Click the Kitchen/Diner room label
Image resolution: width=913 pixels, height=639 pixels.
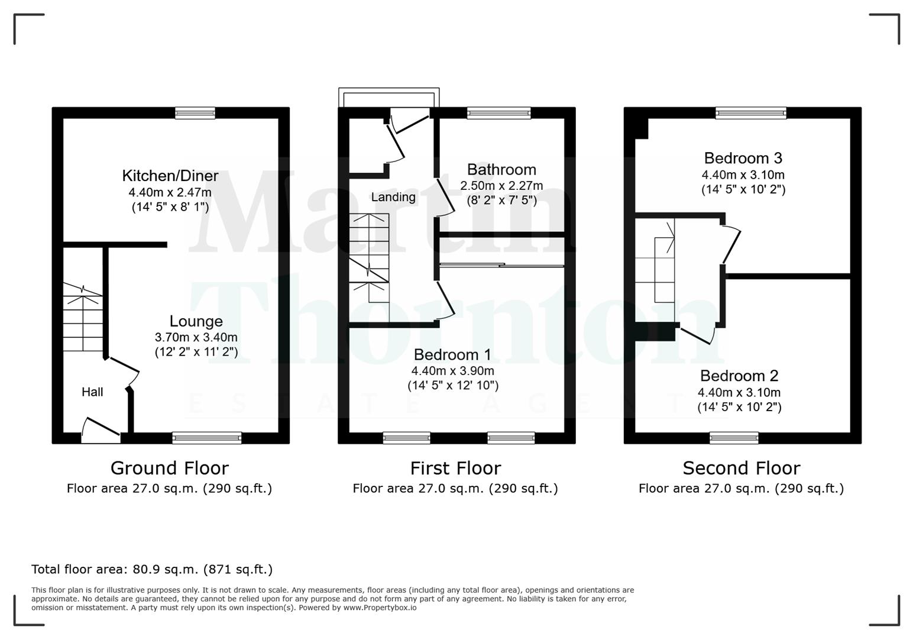170,176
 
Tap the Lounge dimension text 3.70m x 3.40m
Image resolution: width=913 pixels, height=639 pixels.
196,337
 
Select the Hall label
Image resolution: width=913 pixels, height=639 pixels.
92,392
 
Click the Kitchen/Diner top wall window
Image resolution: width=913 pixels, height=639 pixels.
195,113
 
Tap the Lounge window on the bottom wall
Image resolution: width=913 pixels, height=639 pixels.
207,438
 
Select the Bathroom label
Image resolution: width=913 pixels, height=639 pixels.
501,170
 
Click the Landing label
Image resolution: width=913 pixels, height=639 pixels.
393,197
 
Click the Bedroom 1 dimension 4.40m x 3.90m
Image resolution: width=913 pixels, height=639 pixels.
453,371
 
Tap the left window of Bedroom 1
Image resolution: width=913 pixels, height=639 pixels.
407,438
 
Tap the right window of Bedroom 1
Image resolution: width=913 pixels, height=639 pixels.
511,438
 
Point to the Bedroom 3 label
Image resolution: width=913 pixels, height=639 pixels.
743,158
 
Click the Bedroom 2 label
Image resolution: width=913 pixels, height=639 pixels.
739,376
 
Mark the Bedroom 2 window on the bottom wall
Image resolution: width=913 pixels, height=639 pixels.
734,438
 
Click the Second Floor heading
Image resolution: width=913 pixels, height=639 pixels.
741,468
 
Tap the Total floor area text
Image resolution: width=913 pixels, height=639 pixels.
152,569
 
